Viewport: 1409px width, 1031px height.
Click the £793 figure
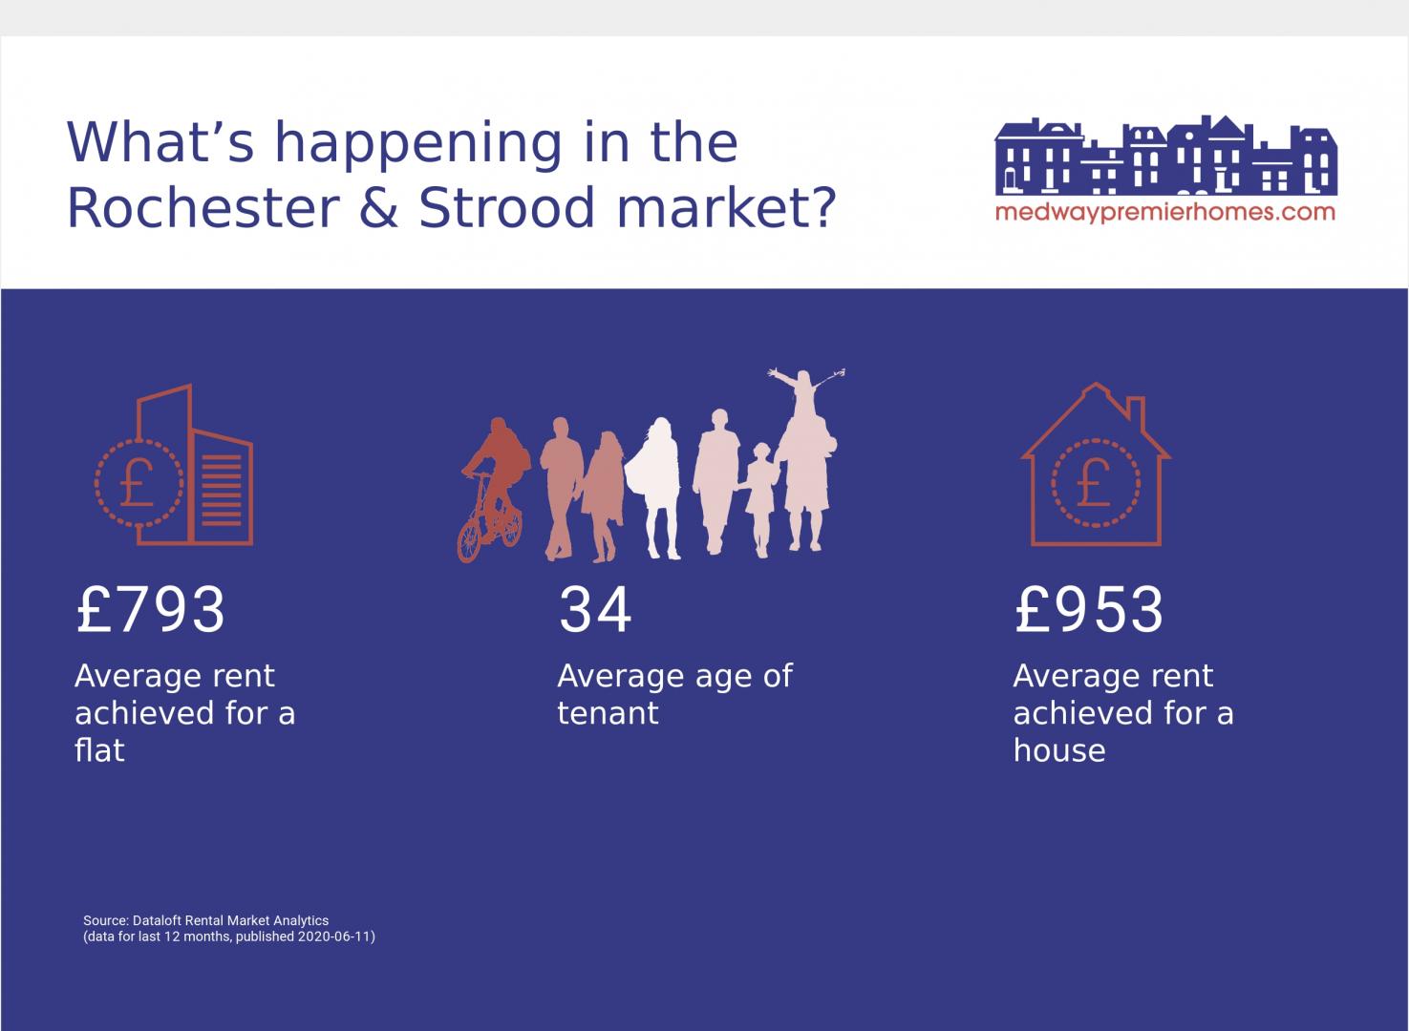click(150, 609)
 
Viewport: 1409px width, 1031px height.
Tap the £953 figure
click(1089, 609)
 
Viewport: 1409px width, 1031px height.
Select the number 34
click(595, 609)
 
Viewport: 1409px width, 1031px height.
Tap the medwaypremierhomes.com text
click(1165, 213)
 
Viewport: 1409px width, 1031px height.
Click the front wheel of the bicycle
click(469, 540)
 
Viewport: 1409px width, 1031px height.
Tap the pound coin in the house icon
click(1095, 482)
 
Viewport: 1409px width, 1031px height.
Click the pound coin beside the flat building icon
click(139, 482)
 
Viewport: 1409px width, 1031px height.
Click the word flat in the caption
click(99, 749)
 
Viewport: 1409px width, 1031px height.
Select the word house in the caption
click(1059, 749)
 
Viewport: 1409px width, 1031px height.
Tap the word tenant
click(608, 713)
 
